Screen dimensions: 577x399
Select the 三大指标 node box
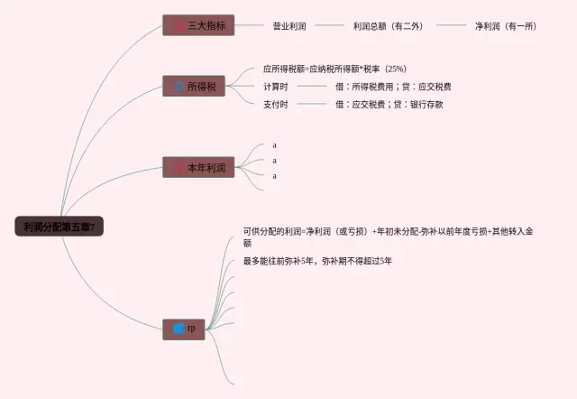(198, 26)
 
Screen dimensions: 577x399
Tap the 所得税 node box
(198, 87)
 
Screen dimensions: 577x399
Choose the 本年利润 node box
(198, 168)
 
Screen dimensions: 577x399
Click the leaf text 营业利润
(288, 26)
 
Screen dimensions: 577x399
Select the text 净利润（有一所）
(506, 26)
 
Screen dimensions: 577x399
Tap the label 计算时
(276, 87)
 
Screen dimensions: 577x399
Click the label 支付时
(276, 104)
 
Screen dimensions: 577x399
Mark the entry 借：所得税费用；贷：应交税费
(393, 87)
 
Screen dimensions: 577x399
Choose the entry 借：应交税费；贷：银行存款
(389, 104)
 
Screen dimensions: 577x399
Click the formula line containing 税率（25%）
(334, 69)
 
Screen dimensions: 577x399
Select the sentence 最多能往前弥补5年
(316, 261)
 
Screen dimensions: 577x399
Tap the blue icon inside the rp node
(179, 329)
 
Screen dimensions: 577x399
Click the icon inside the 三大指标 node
(179, 26)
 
